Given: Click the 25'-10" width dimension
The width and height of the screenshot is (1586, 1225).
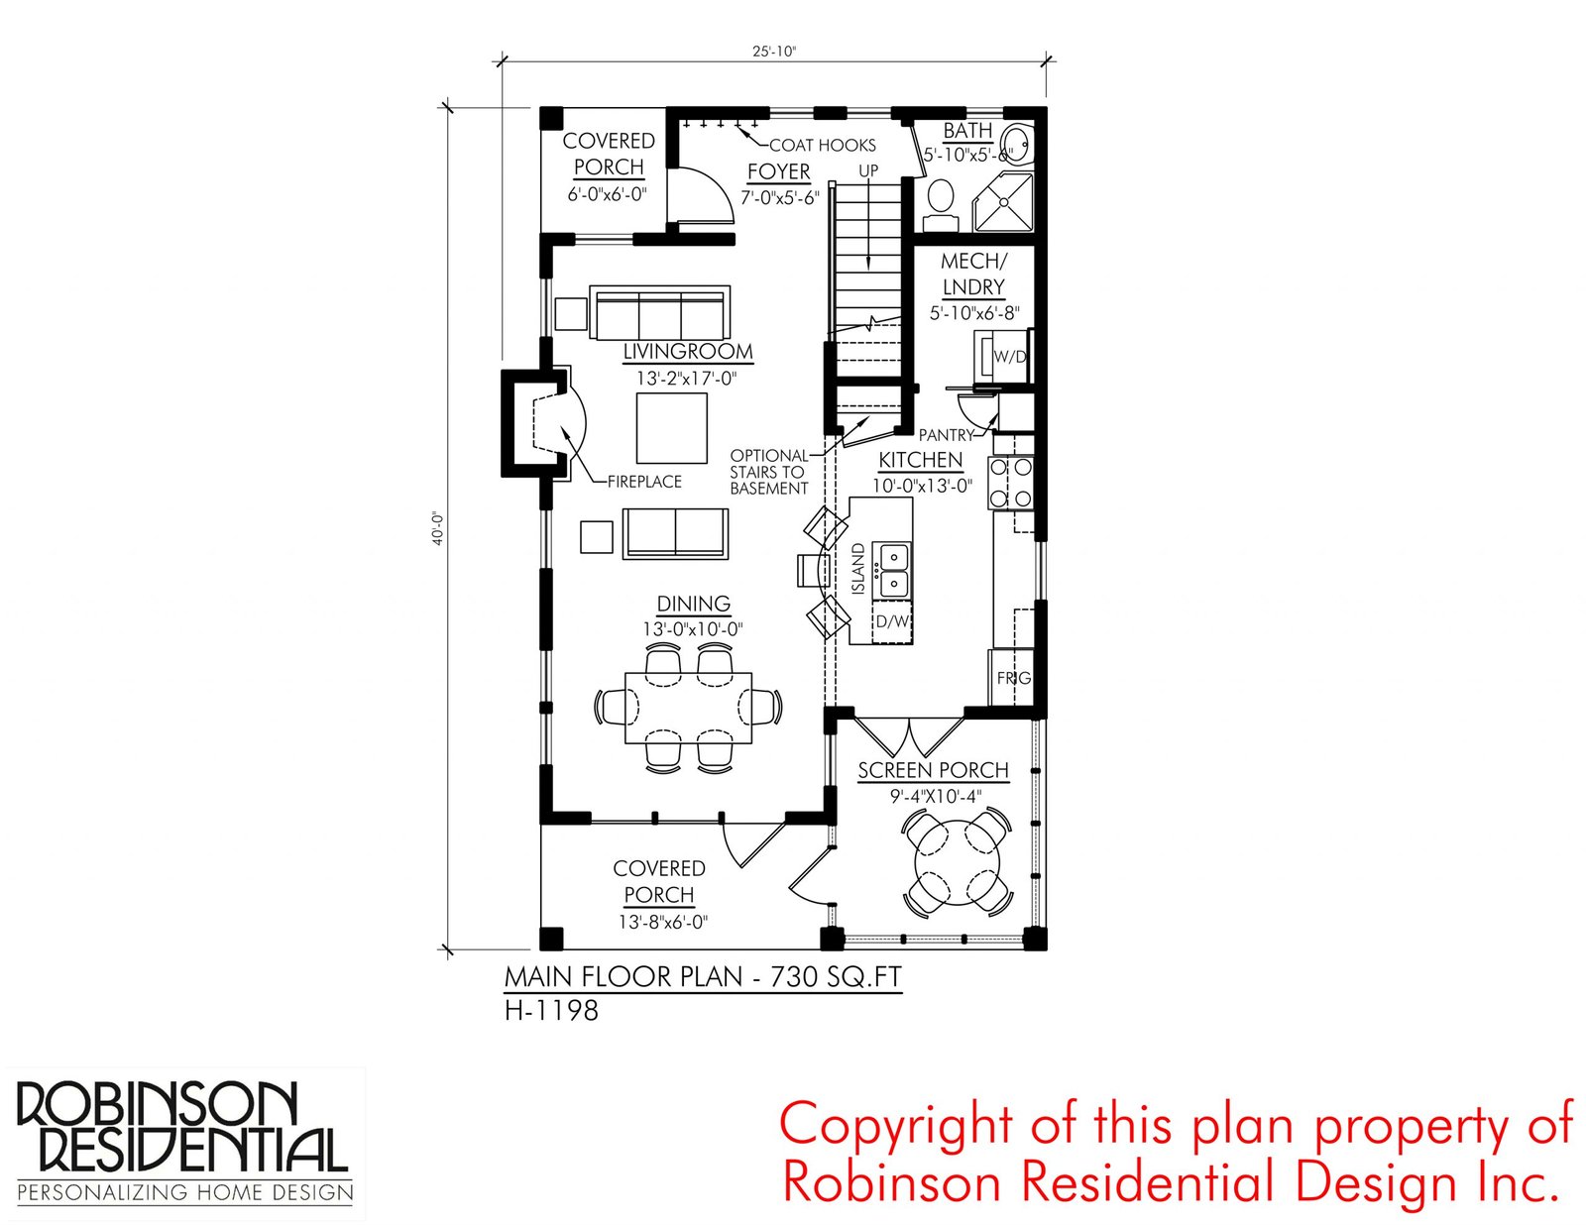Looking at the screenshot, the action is coord(774,52).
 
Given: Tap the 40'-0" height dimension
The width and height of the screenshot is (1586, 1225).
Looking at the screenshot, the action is coord(437,528).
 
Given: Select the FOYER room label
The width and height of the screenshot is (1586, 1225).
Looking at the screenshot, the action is coord(779,171).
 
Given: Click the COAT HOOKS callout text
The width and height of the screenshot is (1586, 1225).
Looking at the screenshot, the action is coord(823,145).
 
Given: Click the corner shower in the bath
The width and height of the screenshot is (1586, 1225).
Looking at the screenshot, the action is coord(1003,201).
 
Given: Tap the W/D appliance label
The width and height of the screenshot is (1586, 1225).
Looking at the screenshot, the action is coord(1010,357).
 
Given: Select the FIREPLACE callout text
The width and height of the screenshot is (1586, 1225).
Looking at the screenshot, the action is coord(644,482).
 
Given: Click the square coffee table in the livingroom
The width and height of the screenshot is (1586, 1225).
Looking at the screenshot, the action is coord(671,428).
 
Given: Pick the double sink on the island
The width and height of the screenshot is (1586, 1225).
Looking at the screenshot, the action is coord(894,571).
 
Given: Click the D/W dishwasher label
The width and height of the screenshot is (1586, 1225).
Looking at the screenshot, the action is coord(892,621).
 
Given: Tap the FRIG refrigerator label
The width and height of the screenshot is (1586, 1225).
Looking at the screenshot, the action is coord(1014,678).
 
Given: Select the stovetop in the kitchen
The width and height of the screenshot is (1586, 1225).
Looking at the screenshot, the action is coord(1011,483).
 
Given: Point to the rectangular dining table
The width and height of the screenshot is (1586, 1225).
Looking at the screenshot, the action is coord(688,707).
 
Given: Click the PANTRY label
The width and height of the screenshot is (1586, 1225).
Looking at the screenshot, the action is coord(946,435).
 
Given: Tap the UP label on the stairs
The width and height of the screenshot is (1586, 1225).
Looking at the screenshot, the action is coord(868,170).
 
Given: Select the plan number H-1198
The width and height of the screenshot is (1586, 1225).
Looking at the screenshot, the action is coord(551,1011).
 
